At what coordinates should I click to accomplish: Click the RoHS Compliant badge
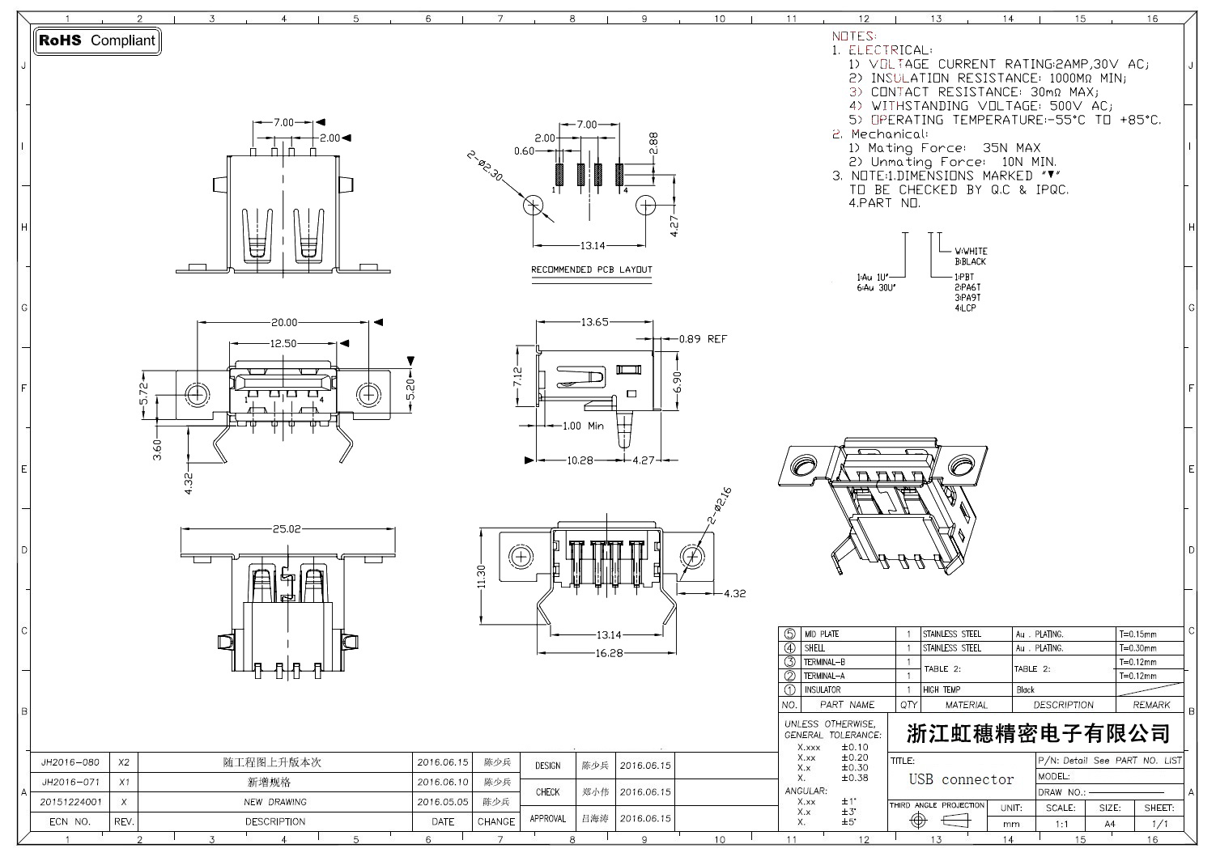click(97, 40)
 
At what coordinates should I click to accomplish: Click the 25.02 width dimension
click(287, 529)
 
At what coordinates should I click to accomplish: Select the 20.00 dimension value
click(284, 322)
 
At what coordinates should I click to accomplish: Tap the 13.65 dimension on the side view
click(594, 322)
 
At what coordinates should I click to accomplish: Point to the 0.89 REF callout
click(703, 339)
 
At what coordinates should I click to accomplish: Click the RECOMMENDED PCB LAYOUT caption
click(591, 269)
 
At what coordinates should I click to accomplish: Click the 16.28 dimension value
click(609, 652)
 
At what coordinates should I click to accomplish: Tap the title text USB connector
click(961, 779)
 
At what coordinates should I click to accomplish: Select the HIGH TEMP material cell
click(942, 690)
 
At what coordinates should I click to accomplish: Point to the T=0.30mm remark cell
click(1137, 648)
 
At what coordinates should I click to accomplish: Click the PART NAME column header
click(847, 705)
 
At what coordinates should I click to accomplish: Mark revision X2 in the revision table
click(124, 762)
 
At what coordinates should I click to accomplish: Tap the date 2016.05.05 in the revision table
click(443, 802)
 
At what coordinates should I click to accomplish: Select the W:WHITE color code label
click(971, 251)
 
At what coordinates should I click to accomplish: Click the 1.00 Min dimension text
click(584, 426)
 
